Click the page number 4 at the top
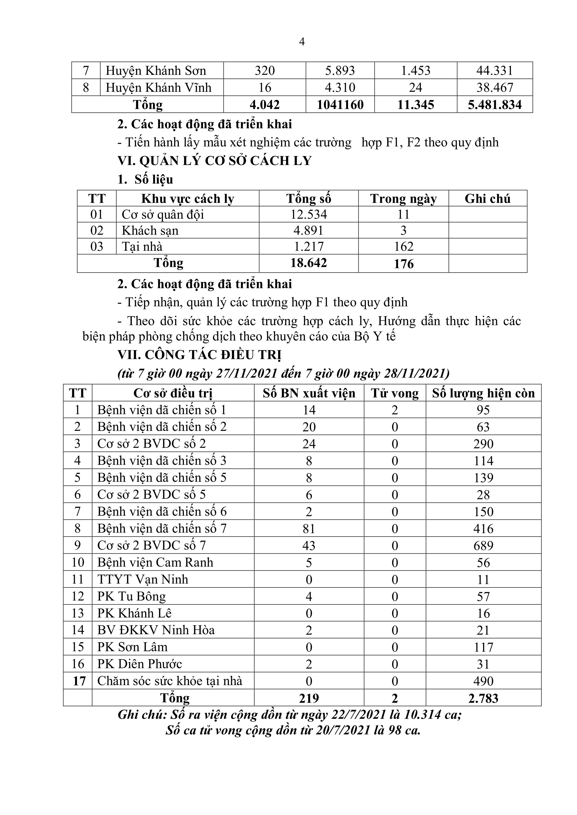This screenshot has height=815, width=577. pos(302,42)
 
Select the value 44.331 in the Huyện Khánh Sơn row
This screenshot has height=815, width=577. pos(495,71)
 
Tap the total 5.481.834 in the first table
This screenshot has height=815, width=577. pos(495,105)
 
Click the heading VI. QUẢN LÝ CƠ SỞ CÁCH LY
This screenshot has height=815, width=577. pos(215,161)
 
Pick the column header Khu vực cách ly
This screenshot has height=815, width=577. pos(188,199)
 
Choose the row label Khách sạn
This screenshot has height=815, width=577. pos(150,231)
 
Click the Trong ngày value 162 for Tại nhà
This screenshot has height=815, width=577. pos(404,246)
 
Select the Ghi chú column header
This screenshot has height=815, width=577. pos(487,199)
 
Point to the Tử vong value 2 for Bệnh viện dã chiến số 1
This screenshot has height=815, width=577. pos(395,410)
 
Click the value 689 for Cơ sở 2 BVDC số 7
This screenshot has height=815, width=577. pos(483,546)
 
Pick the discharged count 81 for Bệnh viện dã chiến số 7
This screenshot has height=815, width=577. pos(309,529)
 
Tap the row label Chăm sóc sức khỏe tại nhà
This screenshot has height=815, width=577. pos(170,681)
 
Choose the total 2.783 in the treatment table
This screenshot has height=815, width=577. pos(483,698)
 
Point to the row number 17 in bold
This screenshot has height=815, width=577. pos(79,681)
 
